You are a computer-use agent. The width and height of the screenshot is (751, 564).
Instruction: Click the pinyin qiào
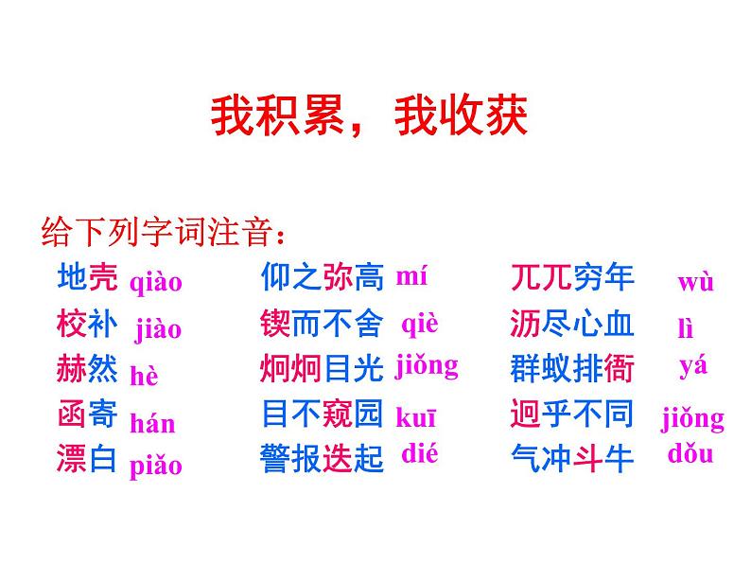[155, 281]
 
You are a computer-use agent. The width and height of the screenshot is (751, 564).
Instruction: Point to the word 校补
[87, 325]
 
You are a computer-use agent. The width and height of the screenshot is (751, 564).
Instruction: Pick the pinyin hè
[144, 377]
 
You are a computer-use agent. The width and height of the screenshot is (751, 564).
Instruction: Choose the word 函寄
[87, 414]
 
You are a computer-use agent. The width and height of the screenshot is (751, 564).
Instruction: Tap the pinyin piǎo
[155, 466]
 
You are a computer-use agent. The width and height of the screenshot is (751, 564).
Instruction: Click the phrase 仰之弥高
[322, 277]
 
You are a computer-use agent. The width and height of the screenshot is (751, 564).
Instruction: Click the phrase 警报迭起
[322, 459]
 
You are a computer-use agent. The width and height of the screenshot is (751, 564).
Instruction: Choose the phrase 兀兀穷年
[571, 277]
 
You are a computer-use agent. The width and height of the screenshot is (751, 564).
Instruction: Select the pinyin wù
[695, 282]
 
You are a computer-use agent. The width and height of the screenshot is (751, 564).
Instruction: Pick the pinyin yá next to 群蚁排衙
[693, 366]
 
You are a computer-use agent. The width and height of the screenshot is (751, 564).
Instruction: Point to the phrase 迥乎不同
[571, 414]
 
